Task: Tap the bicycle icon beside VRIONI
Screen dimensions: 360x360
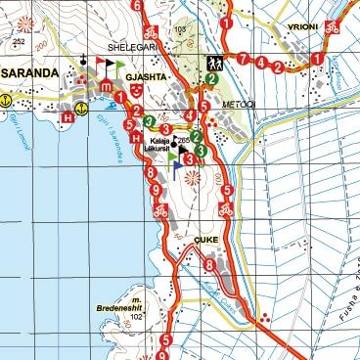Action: tap(333, 28)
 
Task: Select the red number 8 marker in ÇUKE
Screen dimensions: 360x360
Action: tap(208, 263)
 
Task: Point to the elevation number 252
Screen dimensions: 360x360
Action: tap(19, 42)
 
